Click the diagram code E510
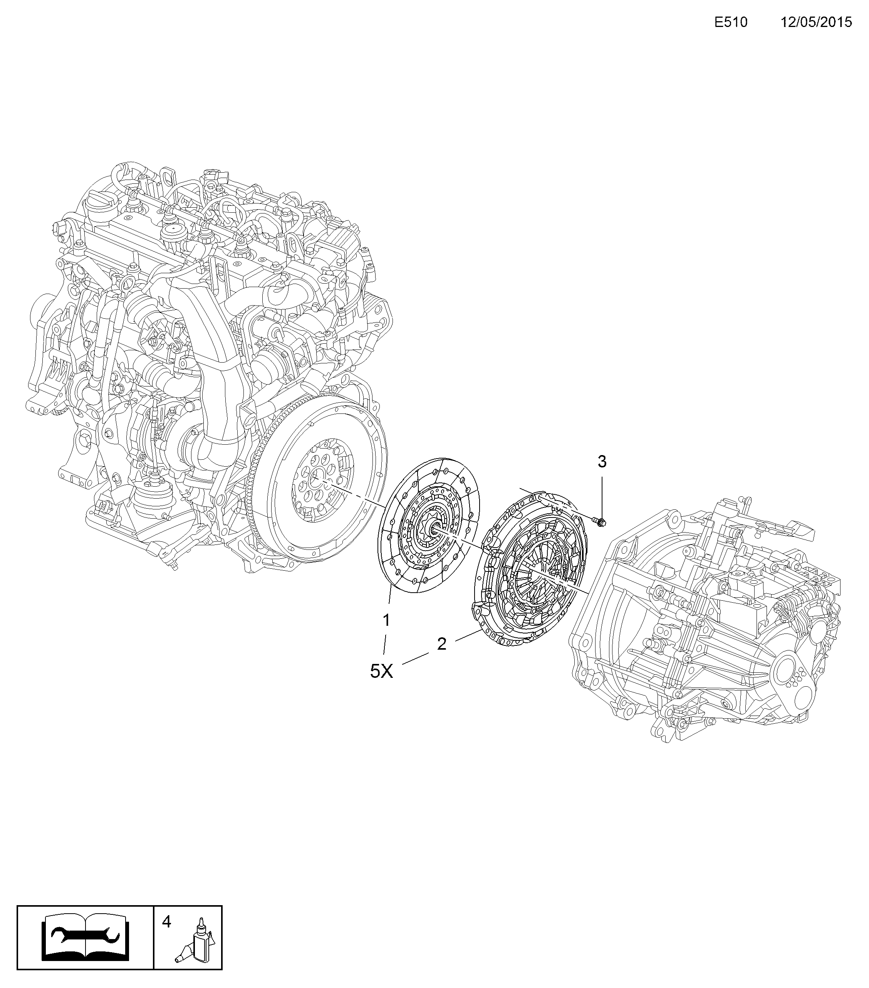[x=731, y=23]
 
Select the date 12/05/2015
[x=816, y=23]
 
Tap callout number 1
[x=386, y=620]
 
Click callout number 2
[x=442, y=644]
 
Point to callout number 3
[x=602, y=462]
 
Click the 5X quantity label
[x=381, y=671]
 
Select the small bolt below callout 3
[x=599, y=522]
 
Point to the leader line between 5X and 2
[x=415, y=658]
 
